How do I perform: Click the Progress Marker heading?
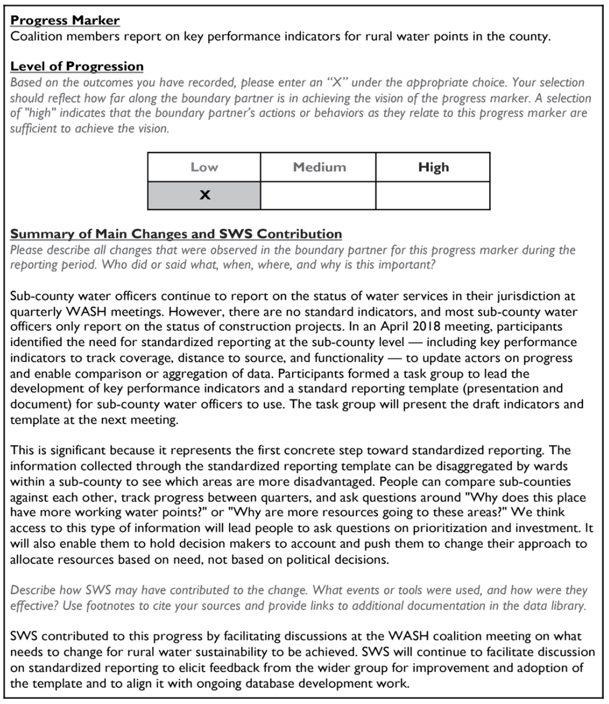point(65,20)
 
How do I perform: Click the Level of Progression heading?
point(77,66)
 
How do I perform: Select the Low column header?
point(204,167)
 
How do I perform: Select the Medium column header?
point(319,167)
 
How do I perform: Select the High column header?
point(433,167)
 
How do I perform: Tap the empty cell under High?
point(433,196)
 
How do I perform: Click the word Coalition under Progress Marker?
point(36,36)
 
